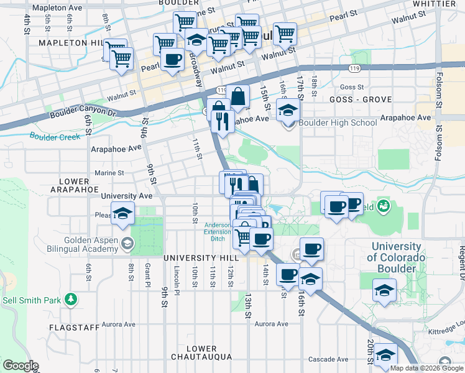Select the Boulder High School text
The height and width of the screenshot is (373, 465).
pyautogui.click(x=338, y=122)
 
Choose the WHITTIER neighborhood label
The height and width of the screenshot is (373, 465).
pyautogui.click(x=435, y=3)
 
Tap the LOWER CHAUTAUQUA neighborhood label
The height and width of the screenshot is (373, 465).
pyautogui.click(x=201, y=352)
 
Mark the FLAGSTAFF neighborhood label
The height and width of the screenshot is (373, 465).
pyautogui.click(x=73, y=326)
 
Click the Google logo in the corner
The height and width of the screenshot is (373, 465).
pyautogui.click(x=20, y=366)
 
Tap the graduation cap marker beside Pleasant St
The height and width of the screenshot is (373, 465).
pyautogui.click(x=122, y=213)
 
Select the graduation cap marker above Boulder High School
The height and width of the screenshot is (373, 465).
pyautogui.click(x=288, y=110)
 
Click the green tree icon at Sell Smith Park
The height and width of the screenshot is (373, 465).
pyautogui.click(x=72, y=299)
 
